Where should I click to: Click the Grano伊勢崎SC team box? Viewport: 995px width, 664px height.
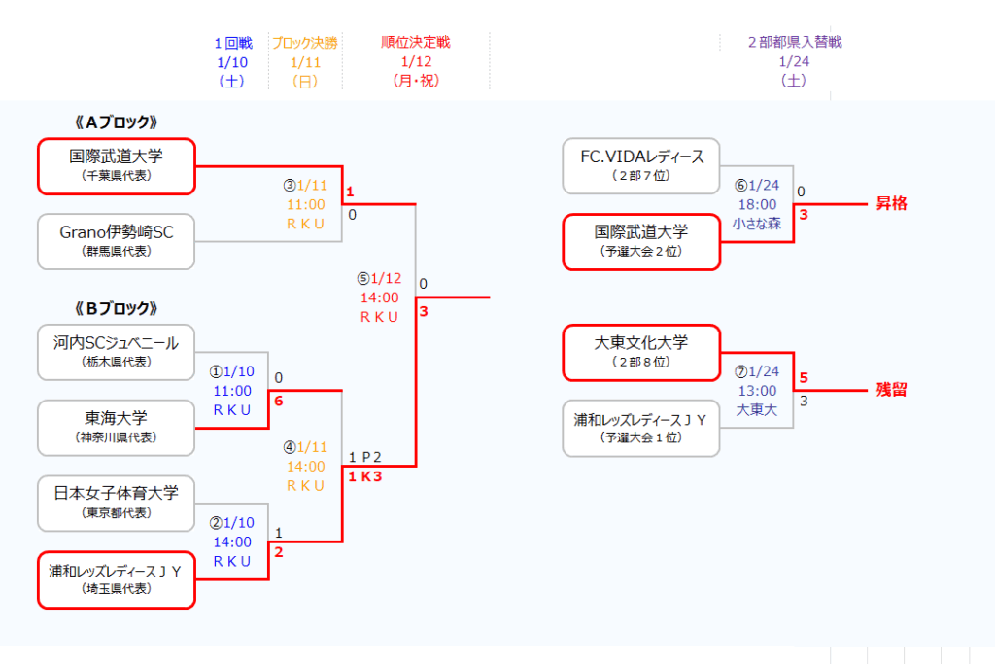(x=117, y=241)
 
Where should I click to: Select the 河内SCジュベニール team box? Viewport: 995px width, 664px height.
(x=117, y=352)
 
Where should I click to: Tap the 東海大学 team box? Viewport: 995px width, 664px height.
(x=117, y=427)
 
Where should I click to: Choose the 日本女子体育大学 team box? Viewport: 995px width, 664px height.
(x=117, y=503)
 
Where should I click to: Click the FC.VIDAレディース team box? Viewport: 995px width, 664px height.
(x=641, y=165)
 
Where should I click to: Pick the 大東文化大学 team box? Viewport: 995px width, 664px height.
(x=641, y=352)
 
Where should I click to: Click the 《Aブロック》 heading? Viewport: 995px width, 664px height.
(x=116, y=122)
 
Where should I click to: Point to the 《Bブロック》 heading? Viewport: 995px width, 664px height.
(x=116, y=308)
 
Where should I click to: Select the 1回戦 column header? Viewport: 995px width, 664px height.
(x=233, y=43)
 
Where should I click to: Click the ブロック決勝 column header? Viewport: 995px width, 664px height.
(x=304, y=43)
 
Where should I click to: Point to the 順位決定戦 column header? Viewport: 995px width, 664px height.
(x=416, y=43)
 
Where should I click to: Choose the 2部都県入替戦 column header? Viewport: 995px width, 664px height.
(x=794, y=43)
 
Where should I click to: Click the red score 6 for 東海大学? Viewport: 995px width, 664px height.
(x=279, y=401)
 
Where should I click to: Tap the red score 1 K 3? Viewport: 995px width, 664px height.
(x=364, y=476)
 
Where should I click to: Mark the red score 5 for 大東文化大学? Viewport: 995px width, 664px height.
(x=804, y=378)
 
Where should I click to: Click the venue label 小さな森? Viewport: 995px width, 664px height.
(x=758, y=224)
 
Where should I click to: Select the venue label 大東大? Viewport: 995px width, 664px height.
(x=758, y=409)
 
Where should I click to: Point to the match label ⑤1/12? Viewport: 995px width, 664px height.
(x=379, y=278)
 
